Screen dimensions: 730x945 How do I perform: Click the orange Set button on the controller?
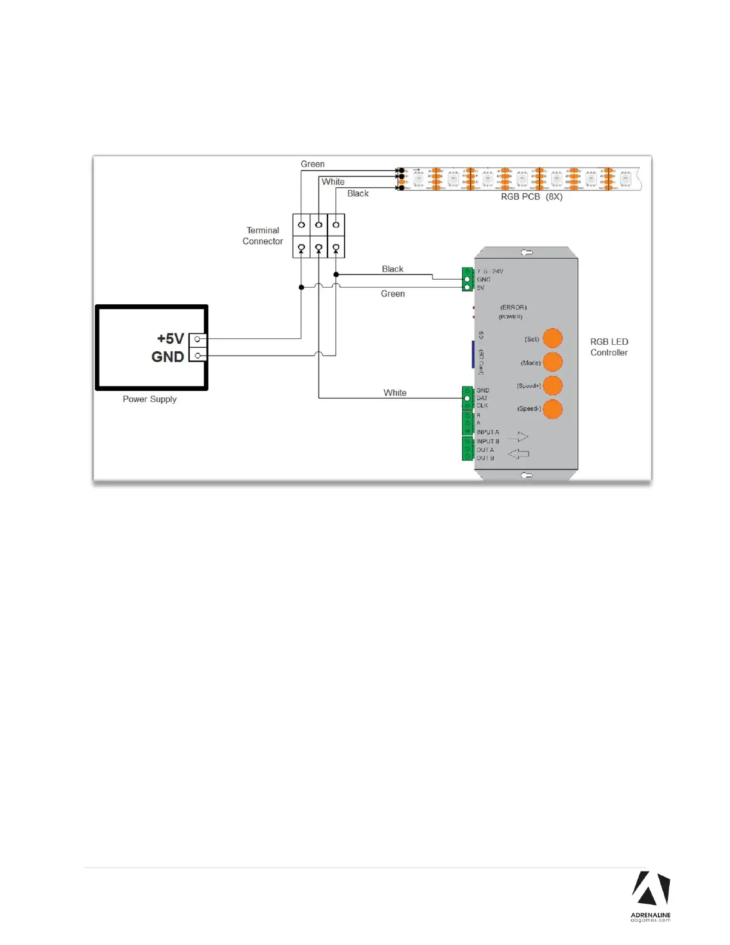coord(553,338)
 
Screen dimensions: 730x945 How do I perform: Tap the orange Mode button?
coord(553,362)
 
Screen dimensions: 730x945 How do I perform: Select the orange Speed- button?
coord(553,409)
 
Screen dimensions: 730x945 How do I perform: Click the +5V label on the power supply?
coord(171,339)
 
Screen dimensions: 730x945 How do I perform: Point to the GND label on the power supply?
coord(168,357)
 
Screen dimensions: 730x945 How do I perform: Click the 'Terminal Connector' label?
coord(262,236)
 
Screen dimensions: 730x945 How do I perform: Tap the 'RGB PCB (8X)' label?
coord(531,197)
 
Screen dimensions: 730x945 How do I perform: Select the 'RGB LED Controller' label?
coord(609,347)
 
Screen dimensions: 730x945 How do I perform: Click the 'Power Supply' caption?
coord(150,399)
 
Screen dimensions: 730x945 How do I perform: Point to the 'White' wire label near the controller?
coord(395,393)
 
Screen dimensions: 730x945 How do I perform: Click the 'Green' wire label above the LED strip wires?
coord(313,164)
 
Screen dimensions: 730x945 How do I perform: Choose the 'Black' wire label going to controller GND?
coord(392,269)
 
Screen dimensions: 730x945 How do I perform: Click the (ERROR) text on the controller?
coord(514,308)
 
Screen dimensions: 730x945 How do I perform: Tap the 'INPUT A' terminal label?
coord(488,432)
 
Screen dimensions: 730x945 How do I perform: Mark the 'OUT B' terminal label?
coord(485,458)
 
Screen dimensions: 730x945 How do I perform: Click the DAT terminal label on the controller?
coord(482,398)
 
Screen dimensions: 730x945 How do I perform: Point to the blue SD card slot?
coord(473,354)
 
